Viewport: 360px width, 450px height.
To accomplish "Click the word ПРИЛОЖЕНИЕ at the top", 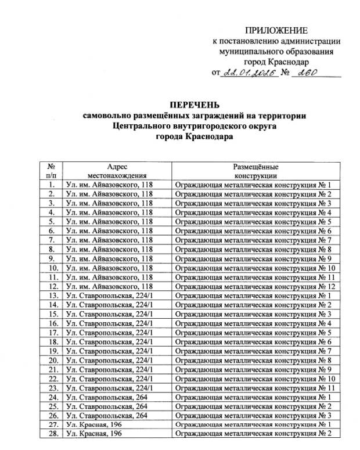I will click(x=276, y=30).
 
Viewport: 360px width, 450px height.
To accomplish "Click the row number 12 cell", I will click(x=52, y=286).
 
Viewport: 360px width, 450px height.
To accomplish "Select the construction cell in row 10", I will click(x=256, y=268).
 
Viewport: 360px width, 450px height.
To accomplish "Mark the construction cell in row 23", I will click(x=256, y=388).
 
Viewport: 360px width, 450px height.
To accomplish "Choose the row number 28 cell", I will click(x=52, y=434).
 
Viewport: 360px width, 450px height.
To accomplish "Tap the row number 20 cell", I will click(x=52, y=360).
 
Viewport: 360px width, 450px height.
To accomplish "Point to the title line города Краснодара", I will click(x=193, y=138).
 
